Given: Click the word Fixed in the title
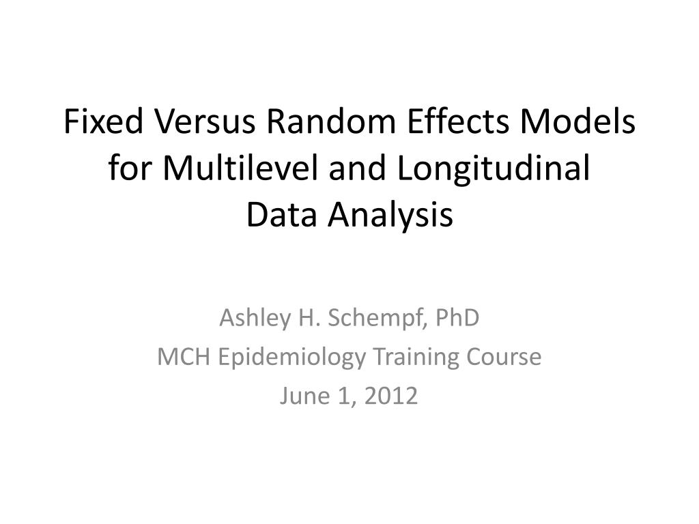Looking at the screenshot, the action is (x=104, y=121).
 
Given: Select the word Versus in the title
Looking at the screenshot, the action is (x=205, y=121).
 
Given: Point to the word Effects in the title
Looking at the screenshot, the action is (x=458, y=121).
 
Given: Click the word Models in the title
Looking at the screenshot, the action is (x=577, y=121).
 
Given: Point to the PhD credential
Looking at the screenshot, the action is (x=457, y=318).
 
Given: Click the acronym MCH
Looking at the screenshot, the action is (x=184, y=357).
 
